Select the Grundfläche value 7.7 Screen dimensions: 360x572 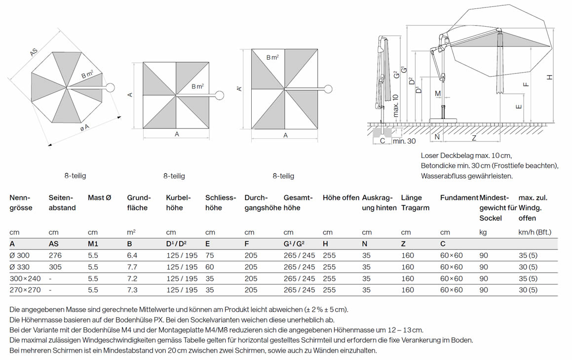pyautogui.click(x=132, y=267)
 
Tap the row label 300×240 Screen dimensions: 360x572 pyautogui.click(x=25, y=279)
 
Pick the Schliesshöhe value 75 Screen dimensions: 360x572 pyautogui.click(x=210, y=255)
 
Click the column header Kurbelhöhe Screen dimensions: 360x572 pyautogui.click(x=178, y=203)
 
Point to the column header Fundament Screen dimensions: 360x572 pyautogui.click(x=459, y=198)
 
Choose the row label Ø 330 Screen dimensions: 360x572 pyautogui.click(x=20, y=267)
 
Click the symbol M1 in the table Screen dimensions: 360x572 pyautogui.click(x=93, y=243)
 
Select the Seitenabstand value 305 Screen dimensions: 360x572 pyautogui.click(x=55, y=267)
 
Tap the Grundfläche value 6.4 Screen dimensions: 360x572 pyautogui.click(x=132, y=255)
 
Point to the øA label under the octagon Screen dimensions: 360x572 pyautogui.click(x=84, y=127)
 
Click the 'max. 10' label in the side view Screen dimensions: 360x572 pyautogui.click(x=395, y=106)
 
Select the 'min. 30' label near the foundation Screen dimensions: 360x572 pyautogui.click(x=404, y=141)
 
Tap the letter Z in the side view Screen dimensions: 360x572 pyautogui.click(x=474, y=138)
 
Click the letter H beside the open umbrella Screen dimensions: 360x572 pyautogui.click(x=550, y=77)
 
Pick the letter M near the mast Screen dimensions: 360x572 pyautogui.click(x=438, y=94)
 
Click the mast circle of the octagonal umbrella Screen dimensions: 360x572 pyautogui.click(x=110, y=88)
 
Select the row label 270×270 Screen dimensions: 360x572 pyautogui.click(x=25, y=290)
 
